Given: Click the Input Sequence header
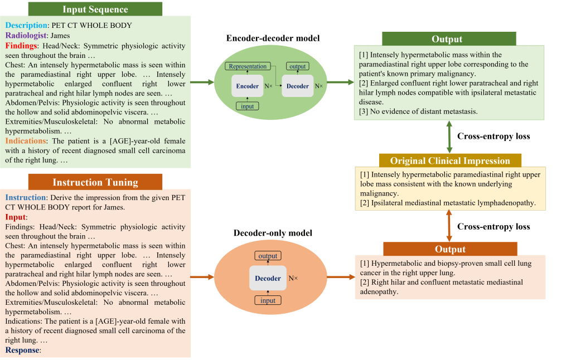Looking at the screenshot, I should [x=95, y=9].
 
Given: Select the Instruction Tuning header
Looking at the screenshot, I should [x=95, y=182].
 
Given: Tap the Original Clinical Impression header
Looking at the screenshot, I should [x=450, y=161].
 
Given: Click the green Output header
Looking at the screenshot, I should [x=447, y=39].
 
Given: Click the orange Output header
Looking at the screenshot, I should [x=450, y=249].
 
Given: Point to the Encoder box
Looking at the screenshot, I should [x=247, y=86].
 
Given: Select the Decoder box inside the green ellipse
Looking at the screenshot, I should [x=297, y=86].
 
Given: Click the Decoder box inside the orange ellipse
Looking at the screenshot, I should [x=268, y=278].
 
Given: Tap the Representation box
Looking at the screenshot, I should [x=248, y=66].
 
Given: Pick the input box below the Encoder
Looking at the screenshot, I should [x=247, y=106].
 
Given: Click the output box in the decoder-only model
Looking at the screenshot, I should [x=268, y=256].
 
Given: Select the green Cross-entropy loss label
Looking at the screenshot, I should [x=493, y=136].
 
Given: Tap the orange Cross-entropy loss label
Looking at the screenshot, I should [x=493, y=226].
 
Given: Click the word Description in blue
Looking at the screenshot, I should [x=26, y=25].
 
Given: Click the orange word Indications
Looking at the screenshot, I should [x=26, y=141].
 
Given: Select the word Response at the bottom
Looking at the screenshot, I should [x=22, y=350].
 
